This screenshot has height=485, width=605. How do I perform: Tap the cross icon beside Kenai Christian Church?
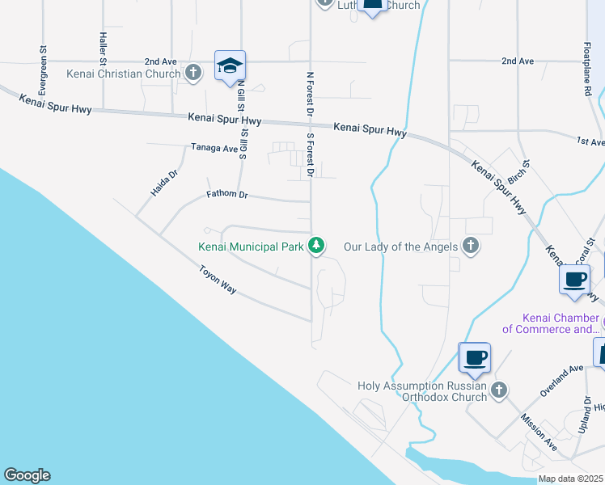[x=192, y=74]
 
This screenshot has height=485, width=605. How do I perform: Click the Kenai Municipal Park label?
[x=252, y=246]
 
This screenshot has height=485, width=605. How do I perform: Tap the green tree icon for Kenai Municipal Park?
[x=316, y=245]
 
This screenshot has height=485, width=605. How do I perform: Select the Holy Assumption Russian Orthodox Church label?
[x=423, y=391]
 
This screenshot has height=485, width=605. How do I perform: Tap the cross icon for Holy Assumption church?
[x=499, y=390]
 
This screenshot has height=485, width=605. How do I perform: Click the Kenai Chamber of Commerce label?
[x=551, y=323]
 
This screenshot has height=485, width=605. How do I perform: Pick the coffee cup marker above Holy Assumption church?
[x=474, y=357]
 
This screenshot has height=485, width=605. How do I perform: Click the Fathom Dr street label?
[x=226, y=195]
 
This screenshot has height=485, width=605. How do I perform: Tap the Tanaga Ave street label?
[x=214, y=148]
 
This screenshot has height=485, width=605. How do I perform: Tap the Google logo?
[x=27, y=475]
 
